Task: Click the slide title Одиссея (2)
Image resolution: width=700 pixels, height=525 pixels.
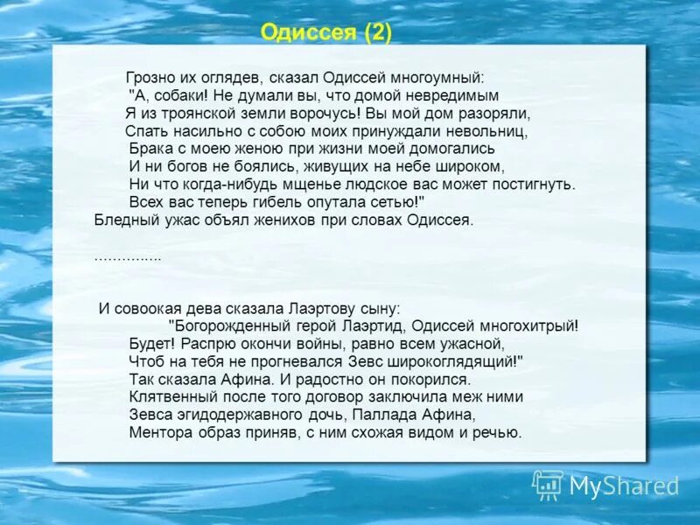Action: click(326, 33)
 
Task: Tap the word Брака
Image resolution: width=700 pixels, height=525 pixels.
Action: click(148, 149)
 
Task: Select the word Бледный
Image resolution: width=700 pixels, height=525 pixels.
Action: click(121, 220)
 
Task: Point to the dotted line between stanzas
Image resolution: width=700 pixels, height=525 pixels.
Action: click(128, 258)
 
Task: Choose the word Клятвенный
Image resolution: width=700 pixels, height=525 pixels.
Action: click(166, 396)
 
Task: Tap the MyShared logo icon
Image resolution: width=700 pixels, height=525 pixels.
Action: click(548, 484)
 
